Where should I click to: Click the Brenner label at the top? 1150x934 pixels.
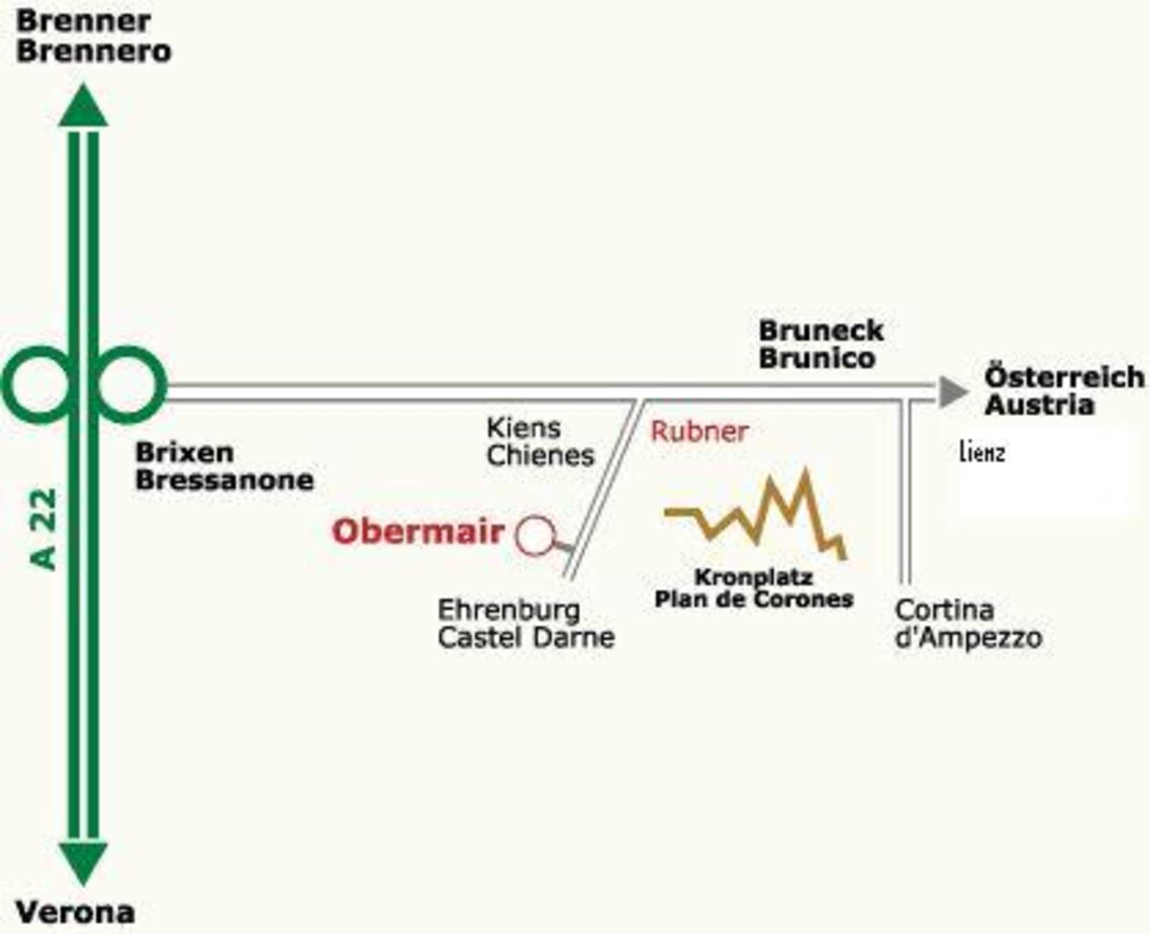[x=84, y=22]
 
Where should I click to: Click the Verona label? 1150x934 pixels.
[x=75, y=913]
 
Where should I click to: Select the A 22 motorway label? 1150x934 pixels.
[x=44, y=529]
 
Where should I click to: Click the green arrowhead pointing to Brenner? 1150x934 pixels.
[x=84, y=107]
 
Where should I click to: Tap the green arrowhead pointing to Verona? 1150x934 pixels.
[x=84, y=861]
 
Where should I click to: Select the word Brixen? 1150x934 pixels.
[x=184, y=453]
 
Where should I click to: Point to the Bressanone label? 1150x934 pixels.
[x=225, y=480]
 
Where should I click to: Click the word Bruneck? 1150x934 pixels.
[x=821, y=331]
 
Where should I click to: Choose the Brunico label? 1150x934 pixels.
[x=817, y=358]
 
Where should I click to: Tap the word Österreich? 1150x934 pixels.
[x=1064, y=377]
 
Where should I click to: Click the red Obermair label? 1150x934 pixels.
[x=418, y=532]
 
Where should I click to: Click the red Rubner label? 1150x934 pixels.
[x=699, y=431]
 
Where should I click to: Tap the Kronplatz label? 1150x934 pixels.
[x=754, y=577]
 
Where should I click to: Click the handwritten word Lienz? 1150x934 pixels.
[x=982, y=453]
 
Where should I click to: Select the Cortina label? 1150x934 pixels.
[x=945, y=610]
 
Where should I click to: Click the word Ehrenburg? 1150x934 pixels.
[x=509, y=610]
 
